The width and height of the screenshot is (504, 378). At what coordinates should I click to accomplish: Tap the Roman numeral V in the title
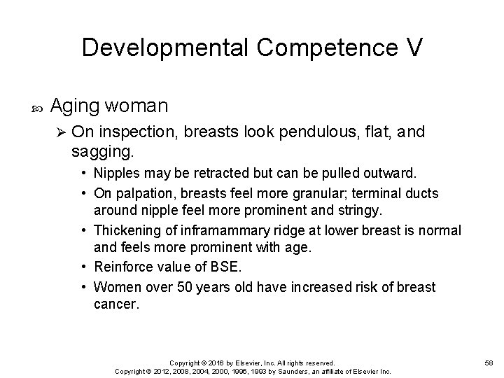tap(413, 47)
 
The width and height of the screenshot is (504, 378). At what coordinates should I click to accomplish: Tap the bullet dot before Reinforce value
tap(83, 267)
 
